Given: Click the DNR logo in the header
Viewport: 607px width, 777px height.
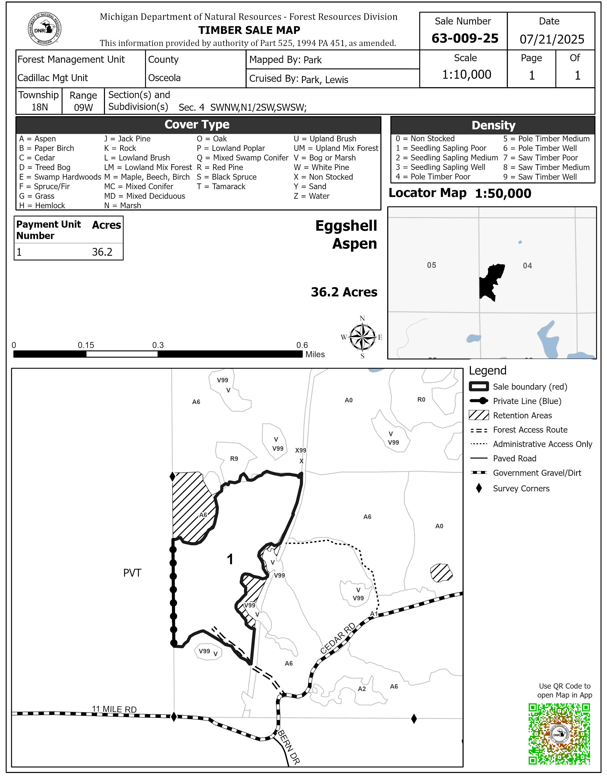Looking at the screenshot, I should tap(45, 29).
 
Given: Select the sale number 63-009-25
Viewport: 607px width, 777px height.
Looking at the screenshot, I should tap(465, 38).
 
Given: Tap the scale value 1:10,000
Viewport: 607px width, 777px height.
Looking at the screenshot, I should tap(466, 75).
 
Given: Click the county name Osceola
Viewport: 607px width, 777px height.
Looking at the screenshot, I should tap(164, 78).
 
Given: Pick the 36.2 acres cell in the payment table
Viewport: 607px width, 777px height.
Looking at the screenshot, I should tap(102, 252).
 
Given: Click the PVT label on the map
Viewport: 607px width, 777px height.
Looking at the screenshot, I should tap(132, 573).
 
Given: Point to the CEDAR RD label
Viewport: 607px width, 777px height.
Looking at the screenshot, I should tap(337, 639).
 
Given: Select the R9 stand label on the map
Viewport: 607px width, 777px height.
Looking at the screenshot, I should tap(234, 459).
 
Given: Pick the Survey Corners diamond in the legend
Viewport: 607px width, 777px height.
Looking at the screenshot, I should tap(479, 488).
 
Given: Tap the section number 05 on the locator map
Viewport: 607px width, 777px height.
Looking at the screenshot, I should tap(431, 265).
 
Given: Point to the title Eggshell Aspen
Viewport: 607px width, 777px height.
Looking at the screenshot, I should tap(346, 235).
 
